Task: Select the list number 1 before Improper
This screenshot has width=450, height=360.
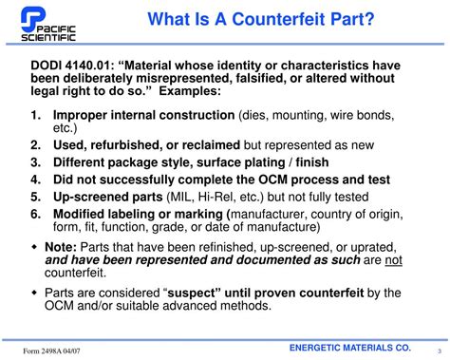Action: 35,116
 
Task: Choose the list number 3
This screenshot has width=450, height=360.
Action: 35,161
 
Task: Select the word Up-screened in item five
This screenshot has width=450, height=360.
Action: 96,194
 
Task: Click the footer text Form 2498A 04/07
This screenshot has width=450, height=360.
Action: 53,350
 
